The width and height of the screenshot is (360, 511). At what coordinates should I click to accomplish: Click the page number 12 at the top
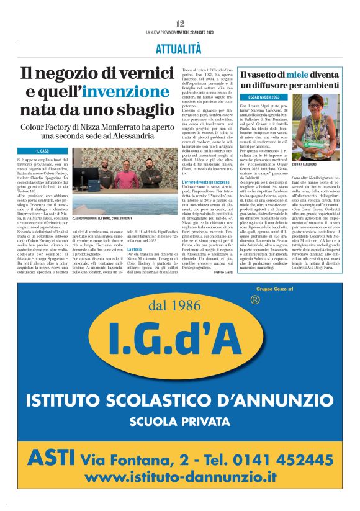(x=180, y=23)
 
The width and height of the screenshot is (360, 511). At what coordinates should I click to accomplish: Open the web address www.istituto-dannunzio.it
(x=180, y=477)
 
